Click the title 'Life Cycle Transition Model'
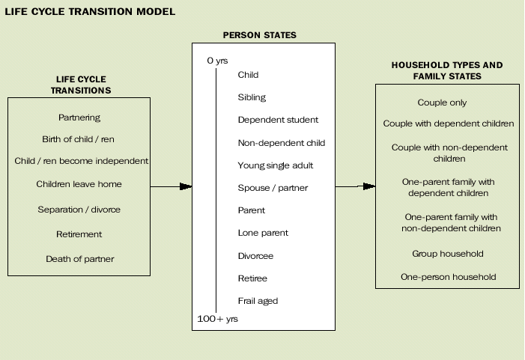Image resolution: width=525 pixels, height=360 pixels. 90,11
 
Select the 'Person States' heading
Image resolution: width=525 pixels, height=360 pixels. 259,35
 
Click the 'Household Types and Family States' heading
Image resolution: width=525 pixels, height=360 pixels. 447,70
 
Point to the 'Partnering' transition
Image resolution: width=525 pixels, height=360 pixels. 79,118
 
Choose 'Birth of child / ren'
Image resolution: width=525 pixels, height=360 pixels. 78,139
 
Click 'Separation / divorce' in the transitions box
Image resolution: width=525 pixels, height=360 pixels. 79,210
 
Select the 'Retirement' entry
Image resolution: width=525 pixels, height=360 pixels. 79,234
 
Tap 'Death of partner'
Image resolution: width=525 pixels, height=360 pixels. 79,259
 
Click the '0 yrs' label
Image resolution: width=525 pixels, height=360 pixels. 217,61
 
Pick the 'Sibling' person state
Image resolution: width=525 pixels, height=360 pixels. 252,97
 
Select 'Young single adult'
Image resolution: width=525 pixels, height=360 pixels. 275,165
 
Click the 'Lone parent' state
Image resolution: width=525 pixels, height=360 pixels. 263,233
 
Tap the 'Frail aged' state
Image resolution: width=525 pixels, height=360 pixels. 258,301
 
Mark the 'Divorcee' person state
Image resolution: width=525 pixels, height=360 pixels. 255,256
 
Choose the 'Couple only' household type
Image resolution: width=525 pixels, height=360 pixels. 447,103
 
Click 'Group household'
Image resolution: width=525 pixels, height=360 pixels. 447,254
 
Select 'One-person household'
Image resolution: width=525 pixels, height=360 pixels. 448,277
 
